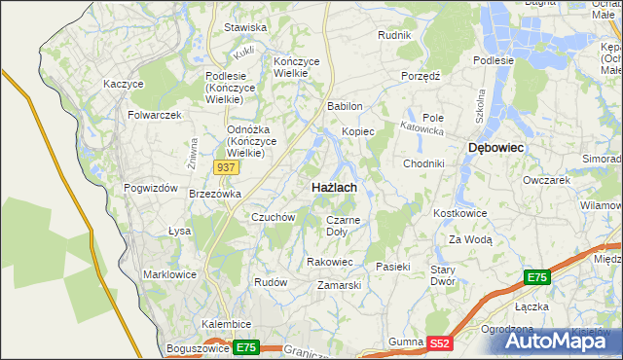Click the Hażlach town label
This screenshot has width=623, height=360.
(334, 186)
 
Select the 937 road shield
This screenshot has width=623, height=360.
(226, 167)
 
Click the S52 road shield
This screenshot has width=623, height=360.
(440, 342)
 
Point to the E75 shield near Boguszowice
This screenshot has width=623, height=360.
(245, 347)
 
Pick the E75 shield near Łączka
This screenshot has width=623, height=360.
(536, 278)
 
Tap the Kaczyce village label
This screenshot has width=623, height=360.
(124, 85)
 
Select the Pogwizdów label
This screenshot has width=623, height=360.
(148, 188)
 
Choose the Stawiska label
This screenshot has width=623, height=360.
(245, 28)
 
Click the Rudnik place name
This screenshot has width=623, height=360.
(394, 35)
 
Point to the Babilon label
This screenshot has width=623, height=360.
(345, 106)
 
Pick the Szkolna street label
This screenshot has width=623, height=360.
(480, 102)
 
